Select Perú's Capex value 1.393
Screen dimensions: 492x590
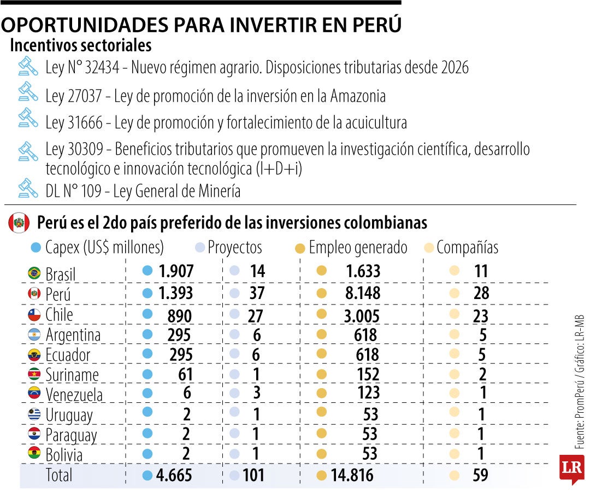click(x=175, y=293)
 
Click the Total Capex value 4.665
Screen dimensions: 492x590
click(x=174, y=475)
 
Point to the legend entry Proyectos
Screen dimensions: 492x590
click(x=235, y=248)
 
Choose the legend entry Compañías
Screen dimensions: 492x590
click(x=468, y=248)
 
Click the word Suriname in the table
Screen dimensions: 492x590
click(x=72, y=375)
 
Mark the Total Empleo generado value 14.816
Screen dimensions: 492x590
click(x=352, y=475)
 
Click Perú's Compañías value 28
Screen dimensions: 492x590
click(x=481, y=293)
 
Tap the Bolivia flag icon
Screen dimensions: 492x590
click(x=34, y=454)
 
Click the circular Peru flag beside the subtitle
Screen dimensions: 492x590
click(x=19, y=223)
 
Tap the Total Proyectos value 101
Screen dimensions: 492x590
click(x=253, y=475)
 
